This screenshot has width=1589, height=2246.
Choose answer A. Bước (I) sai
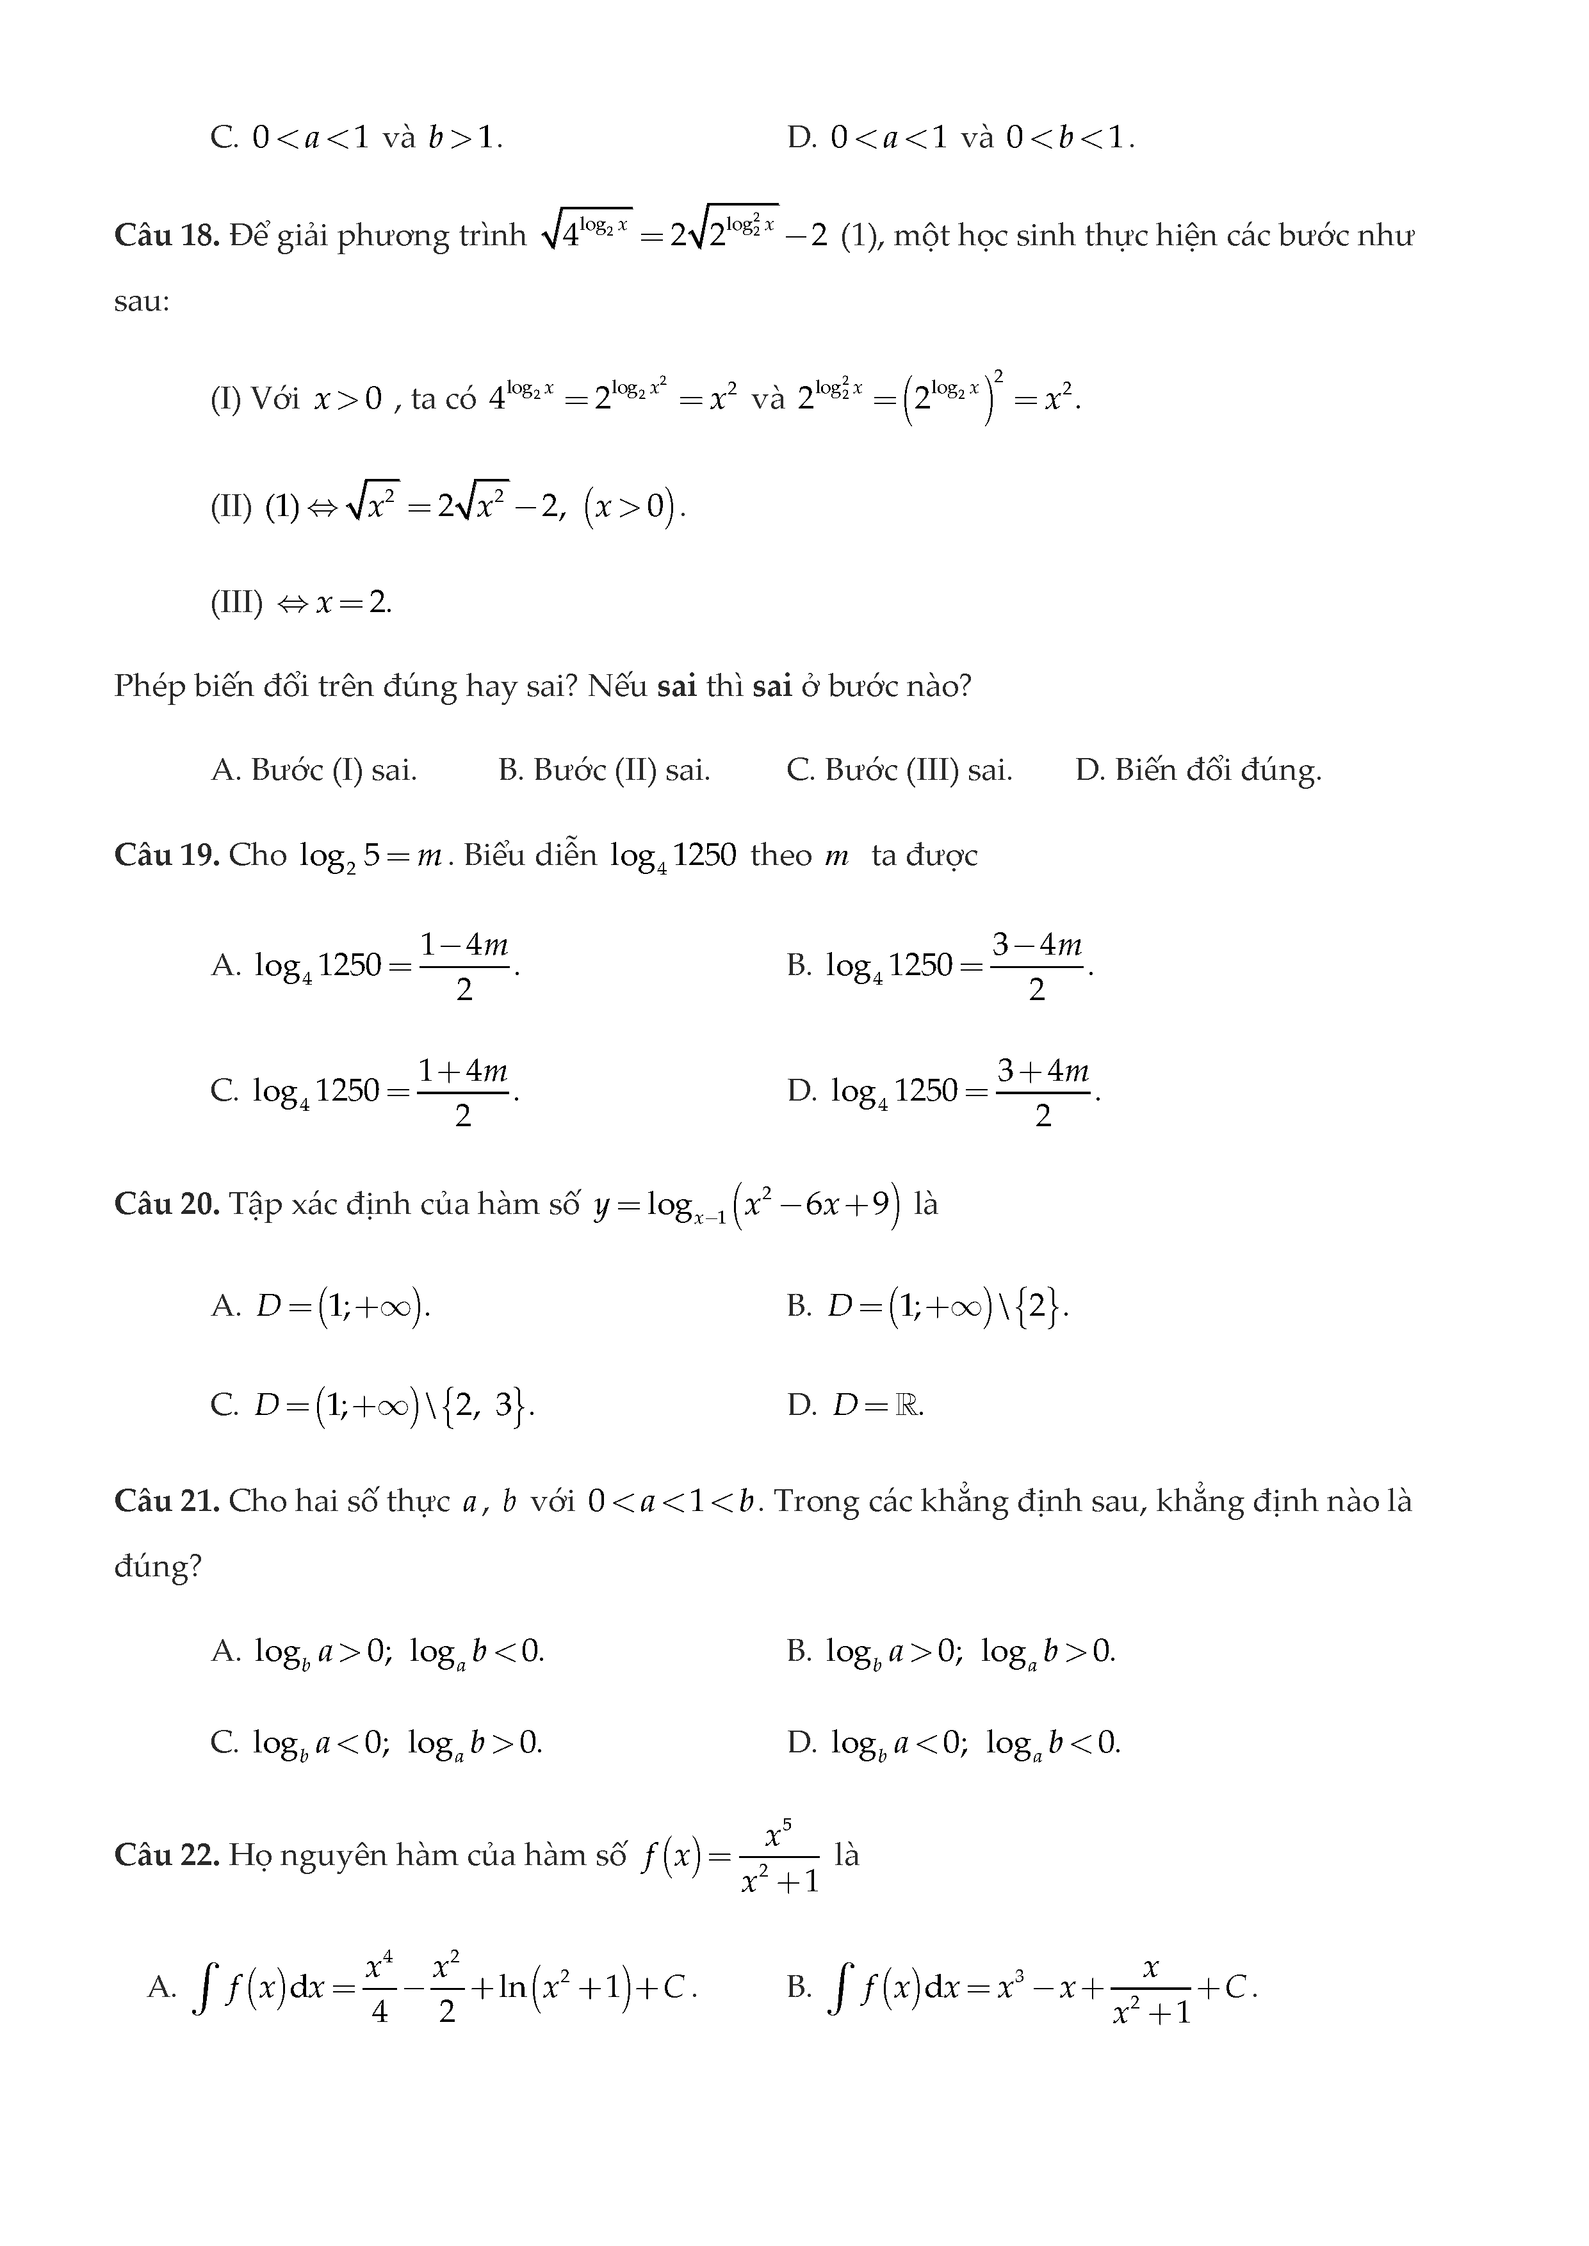click(x=314, y=771)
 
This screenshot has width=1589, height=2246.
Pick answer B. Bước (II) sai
click(x=604, y=771)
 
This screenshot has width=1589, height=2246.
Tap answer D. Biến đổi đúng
click(x=1198, y=771)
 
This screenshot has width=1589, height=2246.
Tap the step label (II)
click(x=231, y=506)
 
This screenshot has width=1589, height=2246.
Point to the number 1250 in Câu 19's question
click(x=705, y=855)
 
